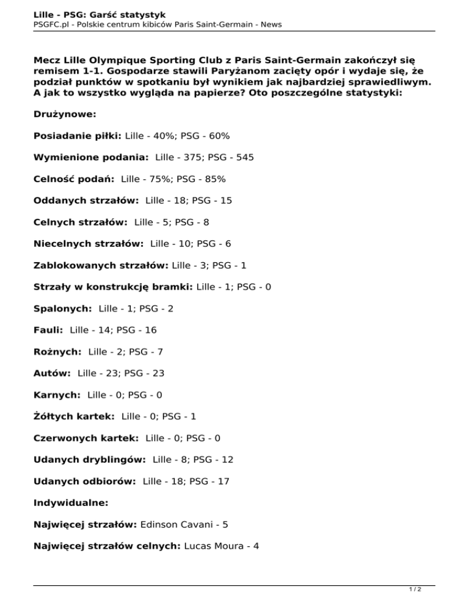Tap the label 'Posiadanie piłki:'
[x=78, y=135]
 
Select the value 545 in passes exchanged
[x=245, y=157]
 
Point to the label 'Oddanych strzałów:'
[x=86, y=201]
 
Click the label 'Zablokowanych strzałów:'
[x=101, y=266]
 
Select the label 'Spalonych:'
[x=63, y=309]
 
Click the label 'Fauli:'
[x=48, y=330]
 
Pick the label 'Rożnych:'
[x=58, y=352]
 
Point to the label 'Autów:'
[x=53, y=373]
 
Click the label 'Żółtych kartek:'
[x=74, y=417]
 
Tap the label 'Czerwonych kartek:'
[x=86, y=438]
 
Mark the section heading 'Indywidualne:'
[x=71, y=503]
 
